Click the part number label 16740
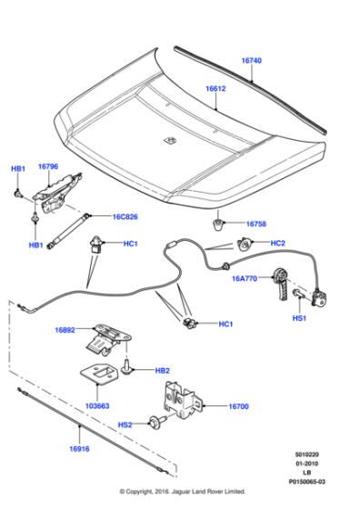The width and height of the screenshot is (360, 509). (251, 61)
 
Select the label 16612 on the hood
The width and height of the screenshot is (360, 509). (215, 90)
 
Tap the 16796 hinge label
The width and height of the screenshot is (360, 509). (48, 167)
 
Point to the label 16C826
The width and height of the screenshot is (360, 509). (125, 217)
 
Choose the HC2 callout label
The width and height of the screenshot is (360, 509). (279, 244)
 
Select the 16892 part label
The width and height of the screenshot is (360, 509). (64, 332)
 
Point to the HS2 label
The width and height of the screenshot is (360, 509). (125, 424)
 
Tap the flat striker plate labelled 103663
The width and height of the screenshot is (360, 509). (99, 379)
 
